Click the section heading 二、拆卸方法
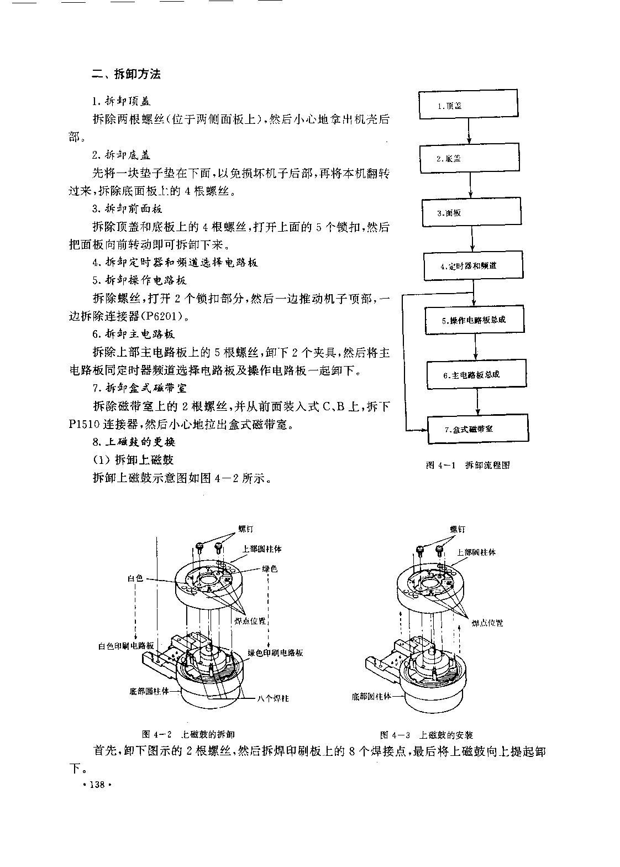pos(126,74)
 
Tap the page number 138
pos(97,785)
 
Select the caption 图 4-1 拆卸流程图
pos(467,465)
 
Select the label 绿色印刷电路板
pos(275,652)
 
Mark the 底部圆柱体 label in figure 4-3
pos(371,697)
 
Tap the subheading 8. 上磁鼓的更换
pos(134,442)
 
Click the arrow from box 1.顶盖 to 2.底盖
pos(469,131)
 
